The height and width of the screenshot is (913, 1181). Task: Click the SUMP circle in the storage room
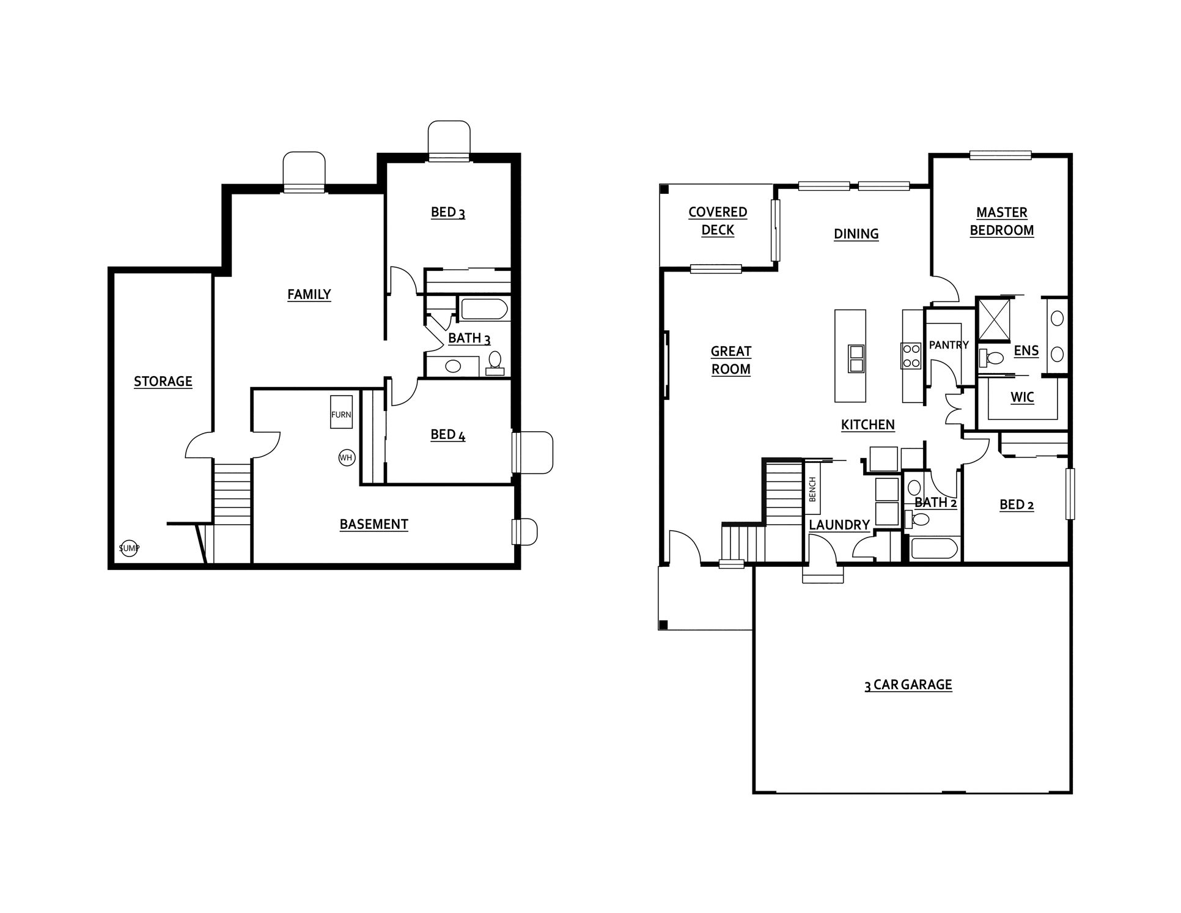click(129, 549)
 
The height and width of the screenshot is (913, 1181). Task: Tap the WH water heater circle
click(347, 457)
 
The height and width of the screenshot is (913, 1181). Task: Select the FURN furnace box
click(341, 415)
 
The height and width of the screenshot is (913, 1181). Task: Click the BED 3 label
click(448, 212)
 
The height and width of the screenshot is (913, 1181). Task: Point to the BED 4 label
click(448, 435)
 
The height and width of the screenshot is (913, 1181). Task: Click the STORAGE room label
click(163, 382)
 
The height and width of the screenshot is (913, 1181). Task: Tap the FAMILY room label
click(309, 295)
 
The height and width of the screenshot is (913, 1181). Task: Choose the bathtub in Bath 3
click(484, 309)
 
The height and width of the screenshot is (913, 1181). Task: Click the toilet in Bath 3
click(495, 363)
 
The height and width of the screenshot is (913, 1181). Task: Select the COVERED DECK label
click(718, 221)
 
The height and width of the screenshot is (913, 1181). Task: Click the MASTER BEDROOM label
click(1002, 221)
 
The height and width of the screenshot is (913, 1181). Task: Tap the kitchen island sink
click(856, 358)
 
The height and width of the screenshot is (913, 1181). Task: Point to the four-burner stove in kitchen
click(911, 355)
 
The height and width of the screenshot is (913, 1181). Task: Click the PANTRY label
click(949, 345)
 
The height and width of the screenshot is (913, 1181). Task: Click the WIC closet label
click(1022, 397)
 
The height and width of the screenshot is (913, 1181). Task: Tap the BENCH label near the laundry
click(812, 489)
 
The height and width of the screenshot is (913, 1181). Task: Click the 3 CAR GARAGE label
click(908, 685)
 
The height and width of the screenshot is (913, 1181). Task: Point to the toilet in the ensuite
click(990, 358)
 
